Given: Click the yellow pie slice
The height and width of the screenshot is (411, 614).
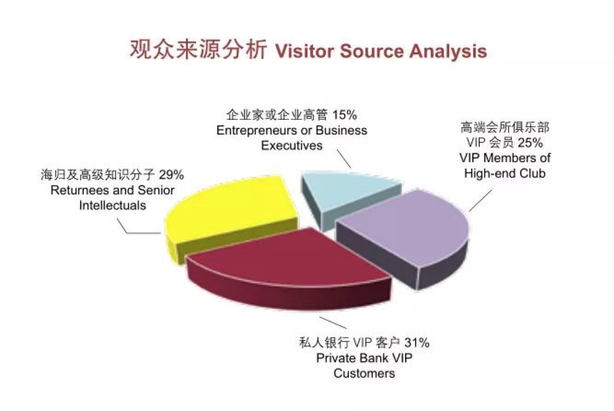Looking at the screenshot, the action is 230,217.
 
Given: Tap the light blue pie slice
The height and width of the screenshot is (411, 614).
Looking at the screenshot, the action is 348,198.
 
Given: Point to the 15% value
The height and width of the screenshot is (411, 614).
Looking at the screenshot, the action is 345,115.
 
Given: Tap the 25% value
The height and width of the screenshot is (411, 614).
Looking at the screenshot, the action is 530,143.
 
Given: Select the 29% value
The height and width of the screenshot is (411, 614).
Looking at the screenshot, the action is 171,175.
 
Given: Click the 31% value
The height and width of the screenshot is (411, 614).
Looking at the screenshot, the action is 417,343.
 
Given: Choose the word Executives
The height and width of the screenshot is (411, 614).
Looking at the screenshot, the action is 292,146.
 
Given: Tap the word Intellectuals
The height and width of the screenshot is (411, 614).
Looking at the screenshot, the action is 113,205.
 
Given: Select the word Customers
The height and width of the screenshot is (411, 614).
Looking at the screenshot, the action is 364,373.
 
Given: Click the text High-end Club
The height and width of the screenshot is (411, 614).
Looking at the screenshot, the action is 505,173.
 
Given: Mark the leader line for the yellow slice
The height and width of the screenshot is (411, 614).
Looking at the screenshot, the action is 139,226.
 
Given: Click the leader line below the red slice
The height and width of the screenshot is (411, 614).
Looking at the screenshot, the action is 333,323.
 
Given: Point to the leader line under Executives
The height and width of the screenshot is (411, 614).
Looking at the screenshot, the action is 344,159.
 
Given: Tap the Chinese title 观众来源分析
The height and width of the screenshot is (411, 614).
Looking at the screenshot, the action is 198,50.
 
